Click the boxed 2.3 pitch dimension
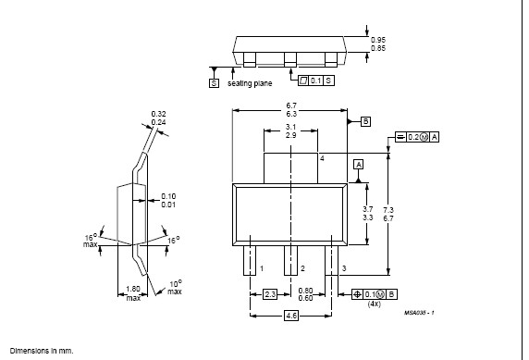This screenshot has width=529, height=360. (x=270, y=294)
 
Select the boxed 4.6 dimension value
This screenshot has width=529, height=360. (x=291, y=316)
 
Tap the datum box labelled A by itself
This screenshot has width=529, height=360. (x=358, y=165)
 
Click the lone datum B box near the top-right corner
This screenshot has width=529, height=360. (x=365, y=121)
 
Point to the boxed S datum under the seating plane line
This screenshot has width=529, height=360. (x=214, y=83)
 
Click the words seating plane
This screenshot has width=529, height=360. (x=250, y=83)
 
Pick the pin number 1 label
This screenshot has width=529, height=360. (x=262, y=268)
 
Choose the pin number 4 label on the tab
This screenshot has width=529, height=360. (x=322, y=158)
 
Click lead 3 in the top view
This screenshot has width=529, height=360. (x=332, y=260)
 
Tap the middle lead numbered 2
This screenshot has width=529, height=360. (x=290, y=260)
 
